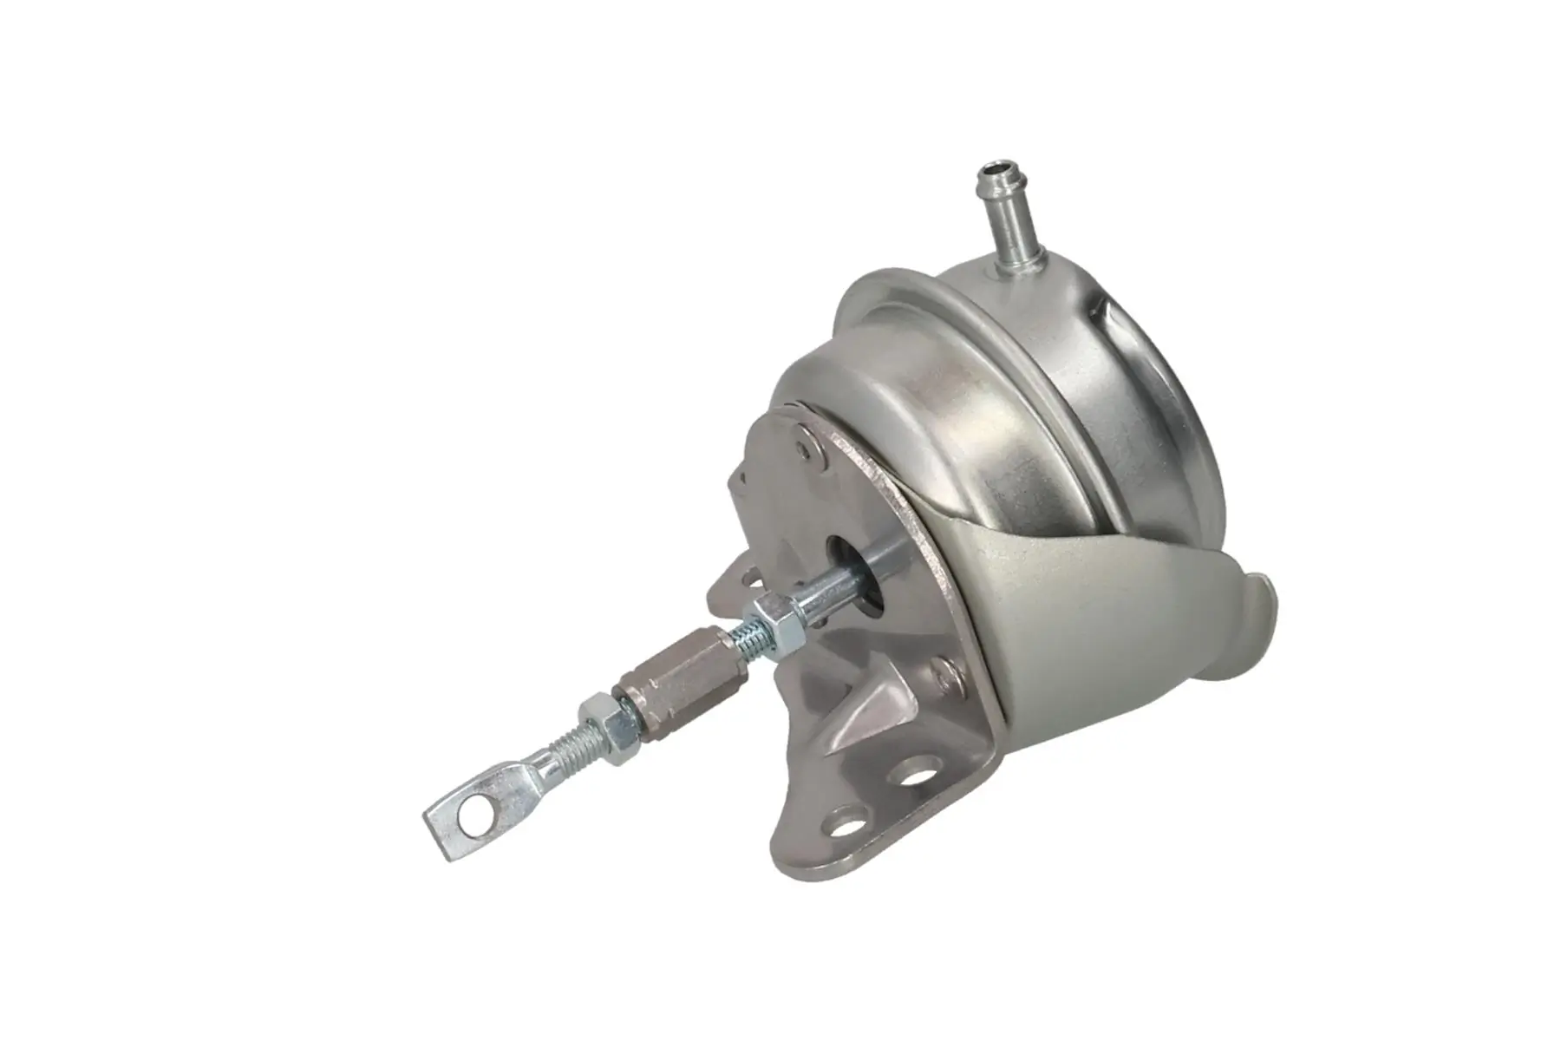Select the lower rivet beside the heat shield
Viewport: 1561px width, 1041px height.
click(946, 669)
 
